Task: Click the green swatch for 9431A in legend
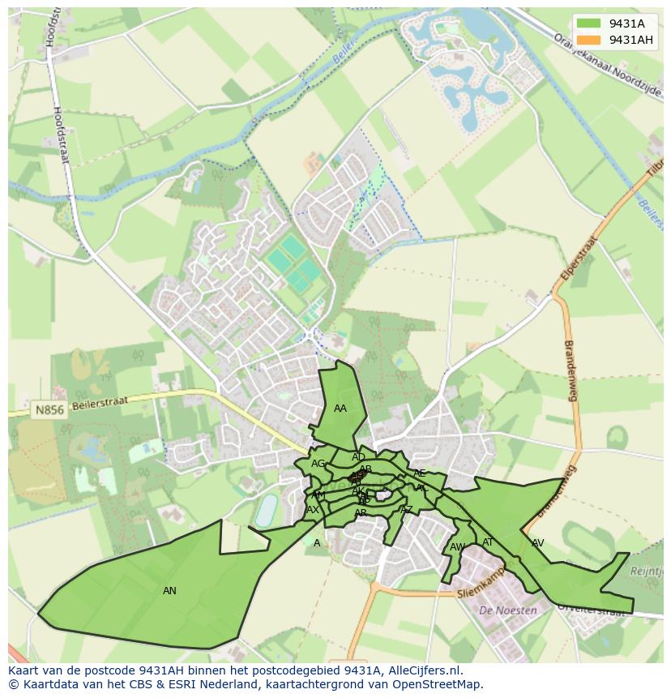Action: pyautogui.click(x=589, y=24)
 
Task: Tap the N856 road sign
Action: pyautogui.click(x=49, y=411)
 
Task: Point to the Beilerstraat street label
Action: pyautogui.click(x=100, y=404)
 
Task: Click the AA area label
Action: pyautogui.click(x=340, y=409)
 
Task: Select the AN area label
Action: pyautogui.click(x=169, y=591)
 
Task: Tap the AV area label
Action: pyautogui.click(x=537, y=543)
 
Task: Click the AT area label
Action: pyautogui.click(x=488, y=542)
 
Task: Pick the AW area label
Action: pyautogui.click(x=457, y=547)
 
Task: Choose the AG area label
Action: pyautogui.click(x=318, y=464)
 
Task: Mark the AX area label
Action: pyautogui.click(x=313, y=510)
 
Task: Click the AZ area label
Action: pyautogui.click(x=407, y=510)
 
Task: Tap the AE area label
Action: pyautogui.click(x=419, y=473)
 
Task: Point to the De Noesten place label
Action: pyautogui.click(x=508, y=610)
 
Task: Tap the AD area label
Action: pyautogui.click(x=358, y=457)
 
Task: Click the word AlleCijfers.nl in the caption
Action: pyautogui.click(x=423, y=670)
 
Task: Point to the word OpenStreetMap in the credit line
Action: pyautogui.click(x=442, y=684)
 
